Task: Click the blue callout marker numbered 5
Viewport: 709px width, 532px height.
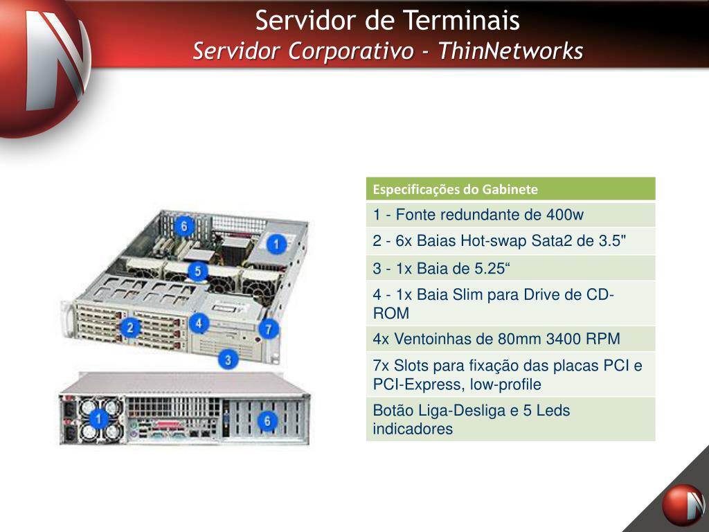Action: (x=198, y=271)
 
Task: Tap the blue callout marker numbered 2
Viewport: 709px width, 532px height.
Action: (x=129, y=328)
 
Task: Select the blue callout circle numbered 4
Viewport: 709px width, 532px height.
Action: (x=199, y=323)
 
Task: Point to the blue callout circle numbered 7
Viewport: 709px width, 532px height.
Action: (x=269, y=329)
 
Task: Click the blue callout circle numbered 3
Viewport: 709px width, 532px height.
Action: (x=228, y=360)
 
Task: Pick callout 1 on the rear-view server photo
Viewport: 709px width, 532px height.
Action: (x=98, y=418)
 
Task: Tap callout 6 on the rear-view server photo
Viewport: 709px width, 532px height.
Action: (x=267, y=420)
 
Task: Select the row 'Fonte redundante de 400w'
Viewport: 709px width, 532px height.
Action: (x=510, y=215)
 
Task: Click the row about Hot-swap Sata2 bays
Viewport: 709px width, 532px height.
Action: (x=510, y=241)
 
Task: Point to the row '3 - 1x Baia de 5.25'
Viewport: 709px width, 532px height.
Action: (x=510, y=267)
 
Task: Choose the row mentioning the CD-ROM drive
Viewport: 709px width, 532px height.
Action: (x=510, y=303)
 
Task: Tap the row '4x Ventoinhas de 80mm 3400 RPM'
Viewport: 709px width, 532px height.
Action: (x=510, y=339)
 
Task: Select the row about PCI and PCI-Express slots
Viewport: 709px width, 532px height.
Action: (x=510, y=375)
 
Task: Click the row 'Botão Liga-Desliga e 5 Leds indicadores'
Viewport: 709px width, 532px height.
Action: (x=510, y=419)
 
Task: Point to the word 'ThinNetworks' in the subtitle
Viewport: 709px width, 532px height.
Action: (x=510, y=51)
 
